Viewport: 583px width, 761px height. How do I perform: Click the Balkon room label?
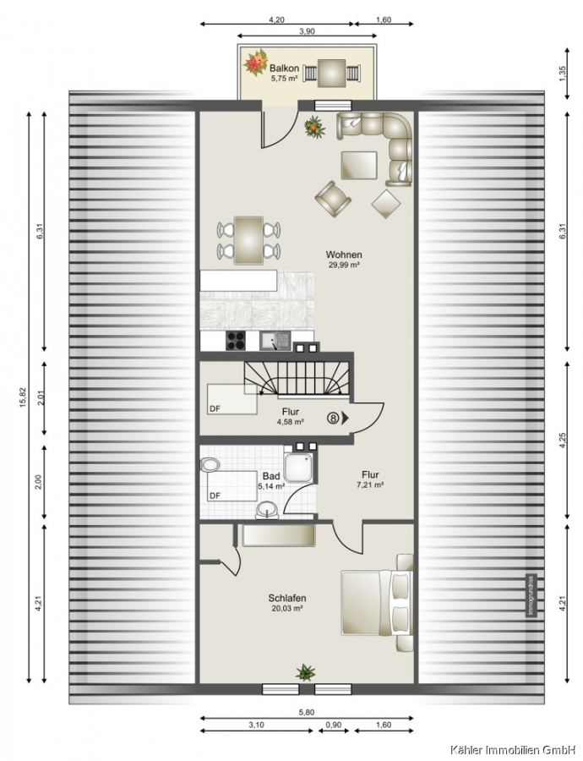point(284,68)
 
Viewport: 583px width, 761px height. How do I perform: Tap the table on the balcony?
point(332,74)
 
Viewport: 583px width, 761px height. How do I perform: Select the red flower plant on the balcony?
point(256,62)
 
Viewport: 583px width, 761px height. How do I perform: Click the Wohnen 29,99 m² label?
point(344,260)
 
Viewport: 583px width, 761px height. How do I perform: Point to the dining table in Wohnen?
point(248,241)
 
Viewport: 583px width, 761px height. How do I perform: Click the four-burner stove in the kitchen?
point(237,341)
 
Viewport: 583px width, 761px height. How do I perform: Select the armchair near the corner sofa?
point(333,198)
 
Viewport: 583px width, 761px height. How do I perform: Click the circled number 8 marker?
point(333,418)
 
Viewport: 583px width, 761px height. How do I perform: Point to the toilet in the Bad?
point(210,464)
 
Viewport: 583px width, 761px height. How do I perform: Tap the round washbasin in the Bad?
point(267,510)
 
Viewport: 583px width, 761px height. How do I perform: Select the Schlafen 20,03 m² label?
point(287,603)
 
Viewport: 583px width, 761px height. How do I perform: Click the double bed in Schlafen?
point(377,602)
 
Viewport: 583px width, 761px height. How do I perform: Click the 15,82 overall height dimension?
point(24,397)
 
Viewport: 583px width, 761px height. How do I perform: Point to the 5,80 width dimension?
point(307,713)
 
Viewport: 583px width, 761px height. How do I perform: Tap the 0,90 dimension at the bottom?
point(335,725)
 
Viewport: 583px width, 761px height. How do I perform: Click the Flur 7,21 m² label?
point(370,479)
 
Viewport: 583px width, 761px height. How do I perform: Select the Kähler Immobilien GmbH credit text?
point(515,750)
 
